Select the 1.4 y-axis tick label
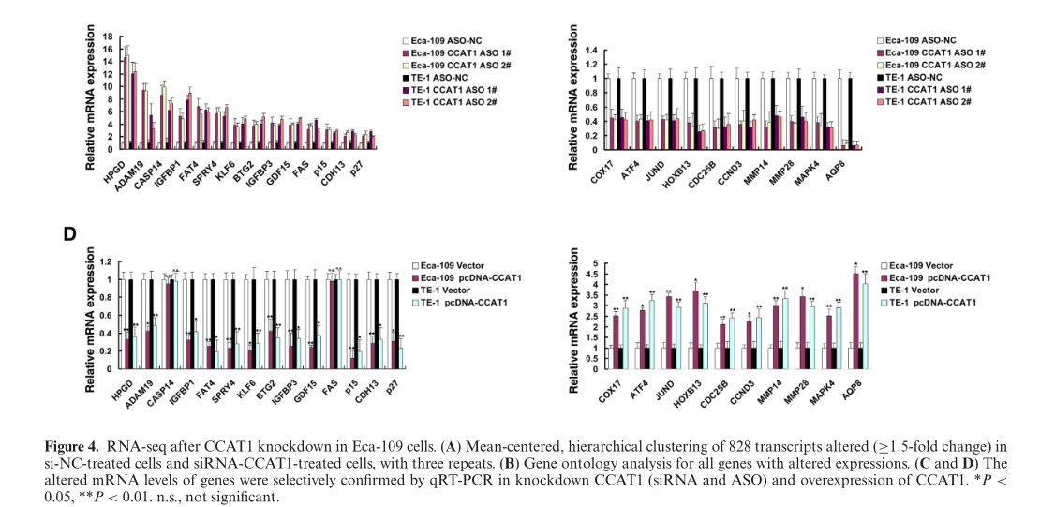click(x=590, y=48)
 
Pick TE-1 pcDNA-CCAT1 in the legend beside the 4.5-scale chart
click(x=936, y=303)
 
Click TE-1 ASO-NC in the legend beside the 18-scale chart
click(x=440, y=77)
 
